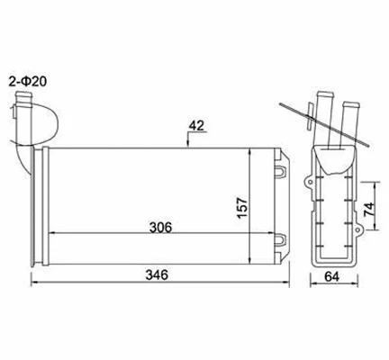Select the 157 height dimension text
tap(267, 206)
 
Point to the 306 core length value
tap(158, 226)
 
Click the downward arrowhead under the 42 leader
tap(187, 143)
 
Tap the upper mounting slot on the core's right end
tap(281, 170)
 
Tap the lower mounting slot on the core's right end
tap(281, 240)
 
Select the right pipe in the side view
tap(348, 112)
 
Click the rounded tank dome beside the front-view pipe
tap(53, 118)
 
